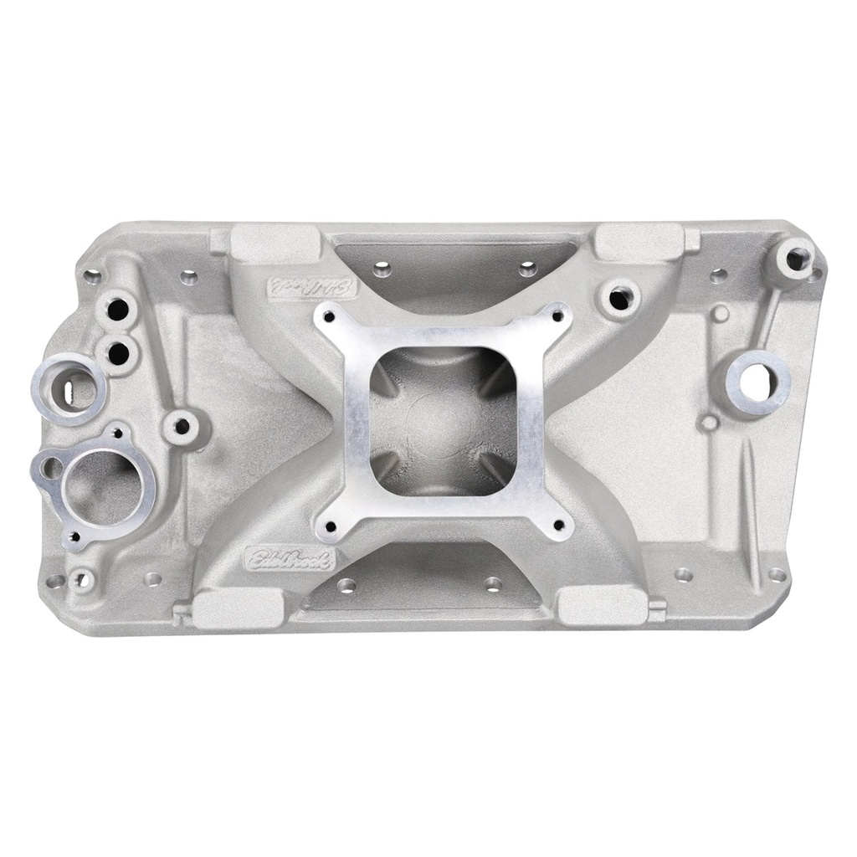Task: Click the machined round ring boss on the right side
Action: click(x=759, y=380)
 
